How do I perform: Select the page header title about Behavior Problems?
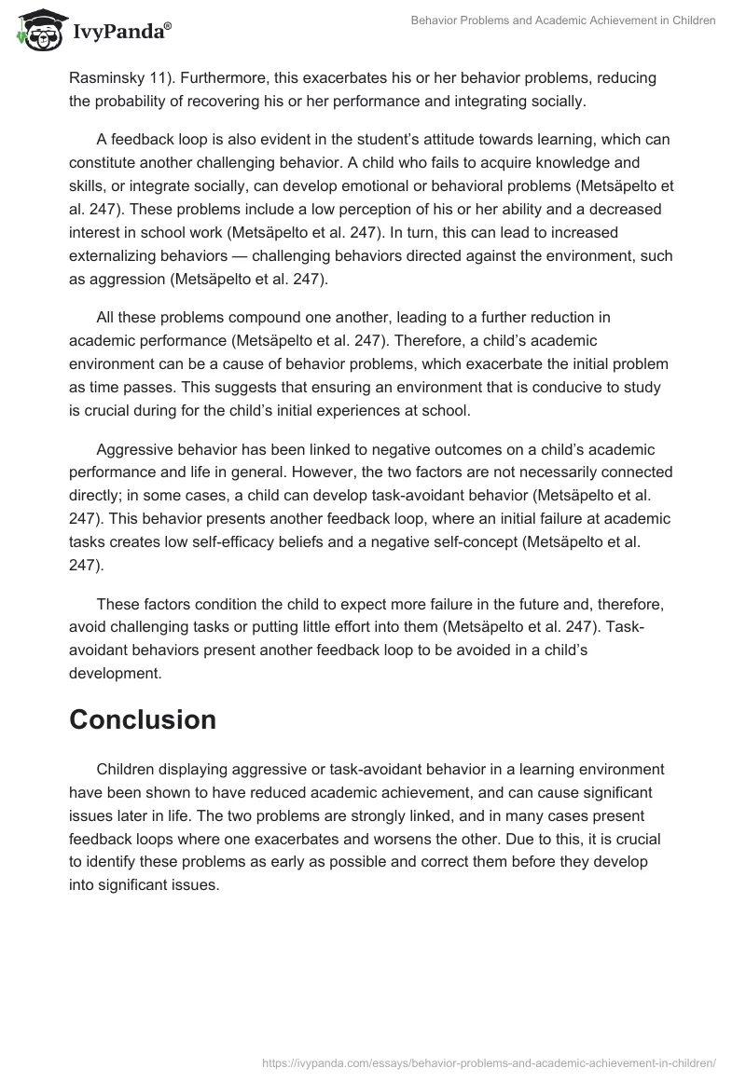(x=562, y=21)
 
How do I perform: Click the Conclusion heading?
(x=143, y=719)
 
